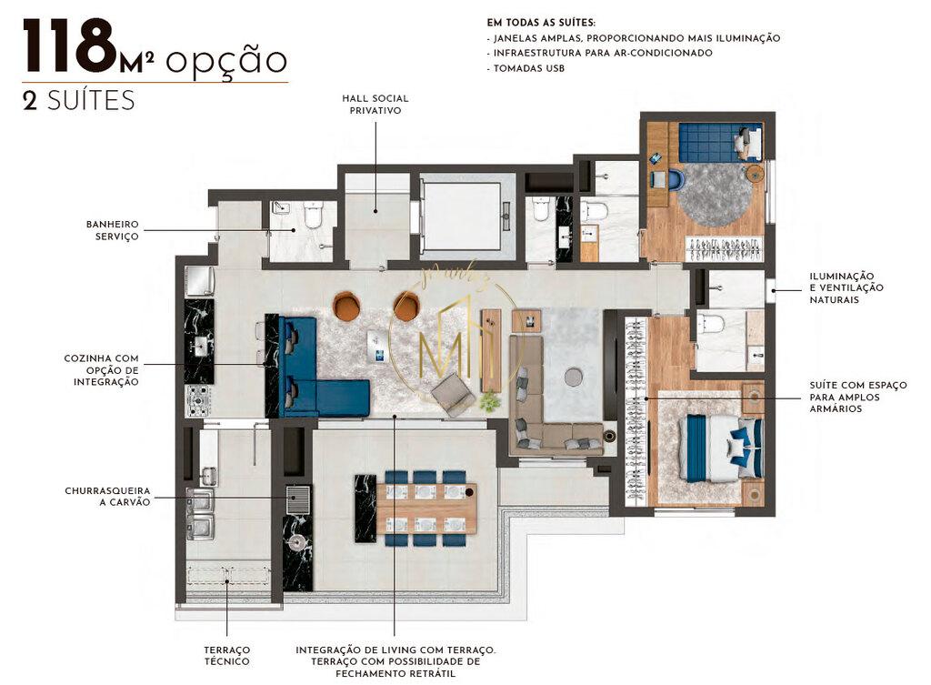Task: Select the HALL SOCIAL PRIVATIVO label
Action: (x=375, y=104)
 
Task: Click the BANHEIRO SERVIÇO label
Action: (x=112, y=229)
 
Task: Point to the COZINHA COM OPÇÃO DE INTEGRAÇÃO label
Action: (x=101, y=370)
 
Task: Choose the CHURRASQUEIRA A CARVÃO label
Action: (x=107, y=496)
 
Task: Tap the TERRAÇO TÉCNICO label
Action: (x=226, y=655)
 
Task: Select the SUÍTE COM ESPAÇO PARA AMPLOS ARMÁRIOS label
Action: (x=857, y=397)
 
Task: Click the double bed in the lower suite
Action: (x=723, y=448)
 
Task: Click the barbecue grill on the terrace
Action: (x=297, y=499)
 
